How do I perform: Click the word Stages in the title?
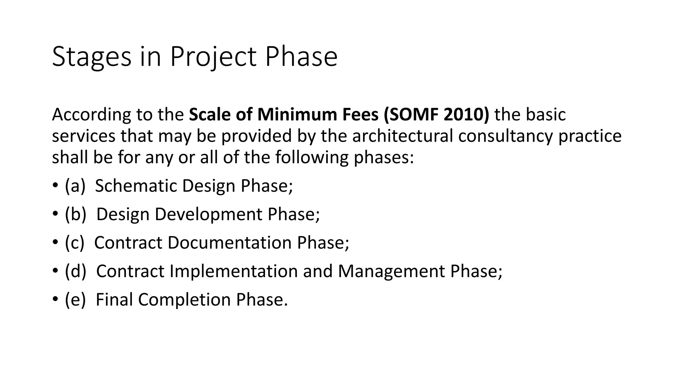(92, 57)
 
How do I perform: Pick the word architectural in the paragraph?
(402, 136)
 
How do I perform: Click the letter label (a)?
(75, 186)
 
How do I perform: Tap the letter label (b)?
(75, 214)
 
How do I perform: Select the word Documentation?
(229, 243)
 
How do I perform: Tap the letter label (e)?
(75, 300)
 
